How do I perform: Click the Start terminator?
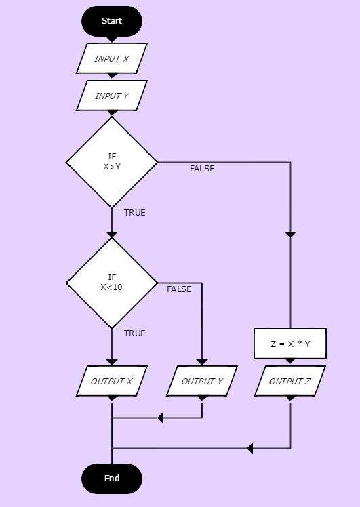click(112, 21)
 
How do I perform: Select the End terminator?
click(112, 479)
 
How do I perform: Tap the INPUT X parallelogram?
click(112, 58)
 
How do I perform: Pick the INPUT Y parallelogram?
click(112, 96)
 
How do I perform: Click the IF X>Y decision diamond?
click(112, 162)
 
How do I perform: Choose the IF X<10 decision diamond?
click(112, 283)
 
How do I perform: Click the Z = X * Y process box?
click(290, 344)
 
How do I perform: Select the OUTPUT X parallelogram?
click(112, 381)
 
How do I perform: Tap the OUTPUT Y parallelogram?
click(202, 381)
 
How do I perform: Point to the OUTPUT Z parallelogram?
click(290, 381)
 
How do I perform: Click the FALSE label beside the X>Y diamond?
click(202, 169)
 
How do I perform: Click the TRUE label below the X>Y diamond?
click(134, 212)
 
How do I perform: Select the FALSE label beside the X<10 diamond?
click(179, 289)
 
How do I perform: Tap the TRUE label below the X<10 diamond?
click(134, 333)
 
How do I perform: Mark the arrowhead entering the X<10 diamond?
click(112, 235)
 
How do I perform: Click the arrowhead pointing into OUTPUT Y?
click(202, 363)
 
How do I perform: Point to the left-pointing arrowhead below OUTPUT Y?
click(161, 418)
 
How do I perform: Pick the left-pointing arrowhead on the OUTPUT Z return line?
click(250, 449)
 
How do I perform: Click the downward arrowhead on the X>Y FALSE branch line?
click(290, 235)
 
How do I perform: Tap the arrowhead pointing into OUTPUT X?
click(112, 363)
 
